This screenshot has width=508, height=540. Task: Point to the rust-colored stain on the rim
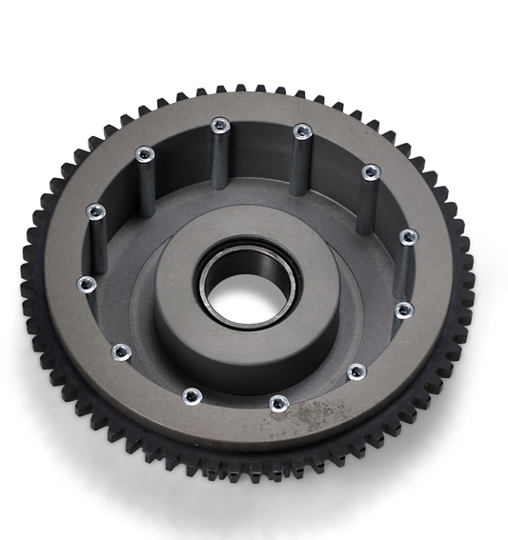314,415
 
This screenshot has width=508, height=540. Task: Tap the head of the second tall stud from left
145,152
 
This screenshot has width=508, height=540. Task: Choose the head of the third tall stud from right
302,130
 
